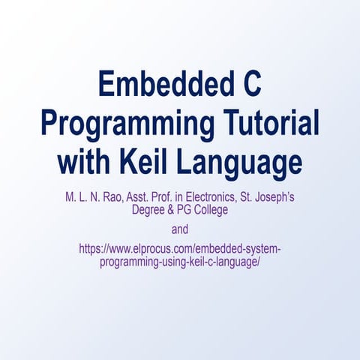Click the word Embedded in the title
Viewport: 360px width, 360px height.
[157, 85]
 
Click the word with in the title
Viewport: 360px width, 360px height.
[86, 160]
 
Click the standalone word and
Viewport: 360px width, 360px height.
[180, 229]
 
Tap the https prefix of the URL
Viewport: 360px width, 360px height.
[91, 248]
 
